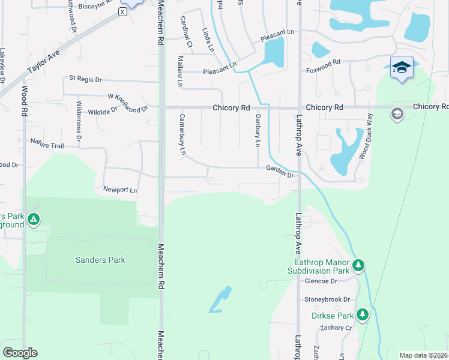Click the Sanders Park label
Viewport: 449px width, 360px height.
coord(100,260)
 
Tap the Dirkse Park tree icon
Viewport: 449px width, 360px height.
coord(362,314)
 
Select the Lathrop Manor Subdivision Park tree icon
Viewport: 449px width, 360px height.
coord(358,264)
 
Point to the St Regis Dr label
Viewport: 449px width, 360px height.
coord(86,79)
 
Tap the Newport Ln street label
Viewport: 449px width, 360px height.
coord(120,190)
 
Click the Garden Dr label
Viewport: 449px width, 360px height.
coord(280,172)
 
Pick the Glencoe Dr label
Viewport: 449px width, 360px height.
coord(321,281)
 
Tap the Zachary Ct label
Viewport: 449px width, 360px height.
coord(335,328)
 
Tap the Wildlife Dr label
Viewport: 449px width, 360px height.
coord(103,112)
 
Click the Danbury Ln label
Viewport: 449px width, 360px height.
coord(257,131)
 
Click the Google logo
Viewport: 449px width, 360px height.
coord(20,353)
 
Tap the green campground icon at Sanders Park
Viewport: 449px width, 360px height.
coord(34,220)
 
